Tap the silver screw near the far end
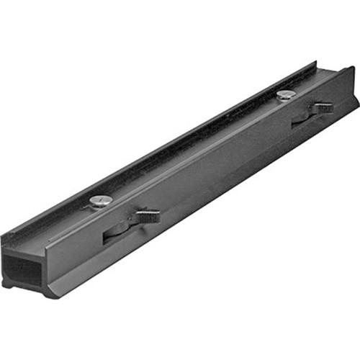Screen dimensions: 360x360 click(286, 94)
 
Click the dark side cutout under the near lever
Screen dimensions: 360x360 click(115, 232)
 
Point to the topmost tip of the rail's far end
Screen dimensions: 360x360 click(352, 68)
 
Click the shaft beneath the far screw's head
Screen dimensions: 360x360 click(285, 100)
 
